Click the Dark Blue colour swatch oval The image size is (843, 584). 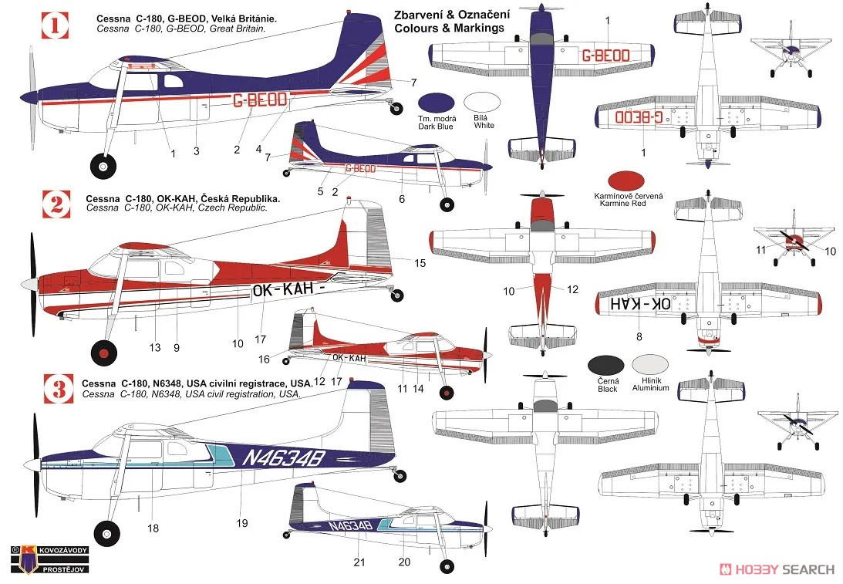(436, 102)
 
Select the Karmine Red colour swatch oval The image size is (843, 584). (626, 181)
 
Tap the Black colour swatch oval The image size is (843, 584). (606, 365)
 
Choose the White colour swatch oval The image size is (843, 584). (482, 102)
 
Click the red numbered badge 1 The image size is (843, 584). (55, 25)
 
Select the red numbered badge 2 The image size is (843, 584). (56, 204)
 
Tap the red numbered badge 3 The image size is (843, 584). (59, 389)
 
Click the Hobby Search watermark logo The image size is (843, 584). (777, 569)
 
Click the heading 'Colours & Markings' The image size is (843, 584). (450, 28)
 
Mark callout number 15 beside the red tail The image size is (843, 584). (420, 263)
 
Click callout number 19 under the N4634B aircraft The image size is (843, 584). (242, 523)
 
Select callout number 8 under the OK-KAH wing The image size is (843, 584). (639, 336)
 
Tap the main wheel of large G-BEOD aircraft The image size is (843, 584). (102, 166)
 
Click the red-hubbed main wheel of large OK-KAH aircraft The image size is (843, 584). (104, 353)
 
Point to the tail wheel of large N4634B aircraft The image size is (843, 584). (400, 475)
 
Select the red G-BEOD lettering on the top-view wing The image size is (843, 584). (605, 56)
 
